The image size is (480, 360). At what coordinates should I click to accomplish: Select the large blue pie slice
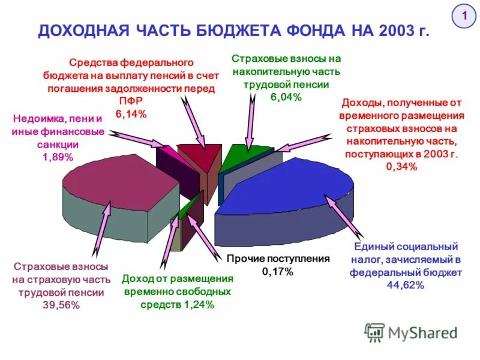[x=282, y=186]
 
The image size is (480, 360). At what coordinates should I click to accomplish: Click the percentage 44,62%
[x=406, y=285]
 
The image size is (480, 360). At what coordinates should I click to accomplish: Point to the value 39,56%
[x=61, y=305]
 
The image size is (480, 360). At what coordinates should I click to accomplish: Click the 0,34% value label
[x=401, y=166]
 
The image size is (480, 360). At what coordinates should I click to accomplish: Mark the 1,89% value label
[x=58, y=157]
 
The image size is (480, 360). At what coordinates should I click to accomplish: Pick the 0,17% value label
[x=278, y=272]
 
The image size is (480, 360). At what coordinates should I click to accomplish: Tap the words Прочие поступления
[x=278, y=259]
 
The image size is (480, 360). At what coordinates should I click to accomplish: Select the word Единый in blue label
[x=373, y=247]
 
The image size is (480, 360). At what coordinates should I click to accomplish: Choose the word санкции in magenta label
[x=58, y=145]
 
